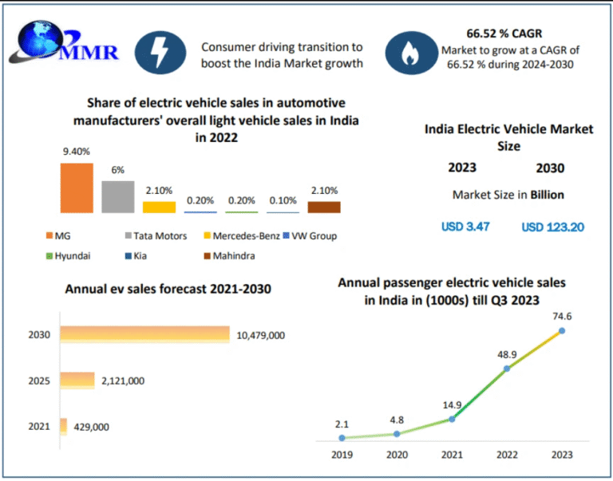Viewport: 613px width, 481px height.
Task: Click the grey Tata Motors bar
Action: click(x=118, y=197)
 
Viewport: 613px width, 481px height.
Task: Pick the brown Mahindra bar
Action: click(x=324, y=207)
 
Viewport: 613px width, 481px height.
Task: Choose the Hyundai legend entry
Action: click(x=71, y=255)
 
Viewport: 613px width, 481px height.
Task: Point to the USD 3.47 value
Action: click(x=465, y=227)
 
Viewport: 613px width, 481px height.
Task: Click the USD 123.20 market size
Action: click(x=552, y=227)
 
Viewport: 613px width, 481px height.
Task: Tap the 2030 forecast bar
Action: click(x=144, y=335)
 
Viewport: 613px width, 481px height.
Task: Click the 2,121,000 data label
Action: click(x=123, y=380)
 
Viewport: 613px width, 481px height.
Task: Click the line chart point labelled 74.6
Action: click(x=562, y=330)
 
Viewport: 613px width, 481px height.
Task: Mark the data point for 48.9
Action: click(x=506, y=369)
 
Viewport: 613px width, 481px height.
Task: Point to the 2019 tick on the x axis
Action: click(x=342, y=453)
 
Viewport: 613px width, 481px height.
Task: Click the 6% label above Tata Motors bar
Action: click(x=118, y=170)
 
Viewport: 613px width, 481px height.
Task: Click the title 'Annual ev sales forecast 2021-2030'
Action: click(x=168, y=289)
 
